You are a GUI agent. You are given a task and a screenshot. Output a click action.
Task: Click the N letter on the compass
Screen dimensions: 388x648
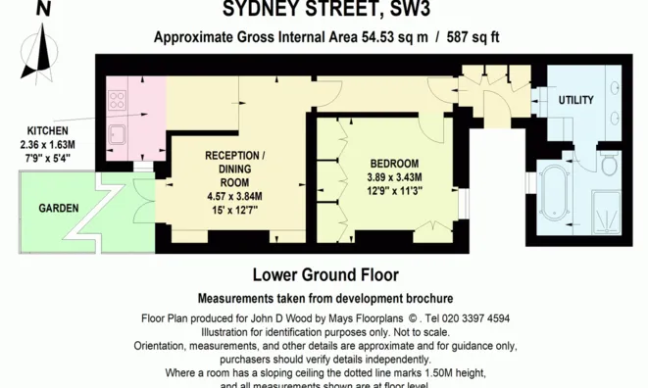tap(43, 9)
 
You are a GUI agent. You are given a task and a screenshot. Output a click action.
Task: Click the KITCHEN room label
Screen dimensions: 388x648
tap(47, 130)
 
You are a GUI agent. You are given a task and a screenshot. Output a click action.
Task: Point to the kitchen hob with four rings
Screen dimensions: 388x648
tap(118, 99)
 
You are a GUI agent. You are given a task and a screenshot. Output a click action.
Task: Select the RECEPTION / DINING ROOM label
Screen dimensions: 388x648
tap(233, 169)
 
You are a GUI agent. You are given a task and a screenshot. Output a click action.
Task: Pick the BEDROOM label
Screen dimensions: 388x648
tap(393, 163)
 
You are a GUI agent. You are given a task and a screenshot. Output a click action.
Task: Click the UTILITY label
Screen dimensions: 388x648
tap(575, 101)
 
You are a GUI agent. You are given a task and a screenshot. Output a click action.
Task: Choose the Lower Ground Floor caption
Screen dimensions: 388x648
tap(324, 275)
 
